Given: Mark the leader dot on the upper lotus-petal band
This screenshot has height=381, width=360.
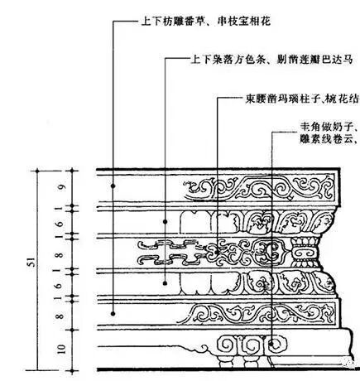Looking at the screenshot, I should pos(166,220).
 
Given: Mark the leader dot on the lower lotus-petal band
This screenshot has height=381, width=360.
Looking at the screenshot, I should pos(166,282).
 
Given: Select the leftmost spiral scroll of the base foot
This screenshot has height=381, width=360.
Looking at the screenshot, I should pos(224,342).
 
